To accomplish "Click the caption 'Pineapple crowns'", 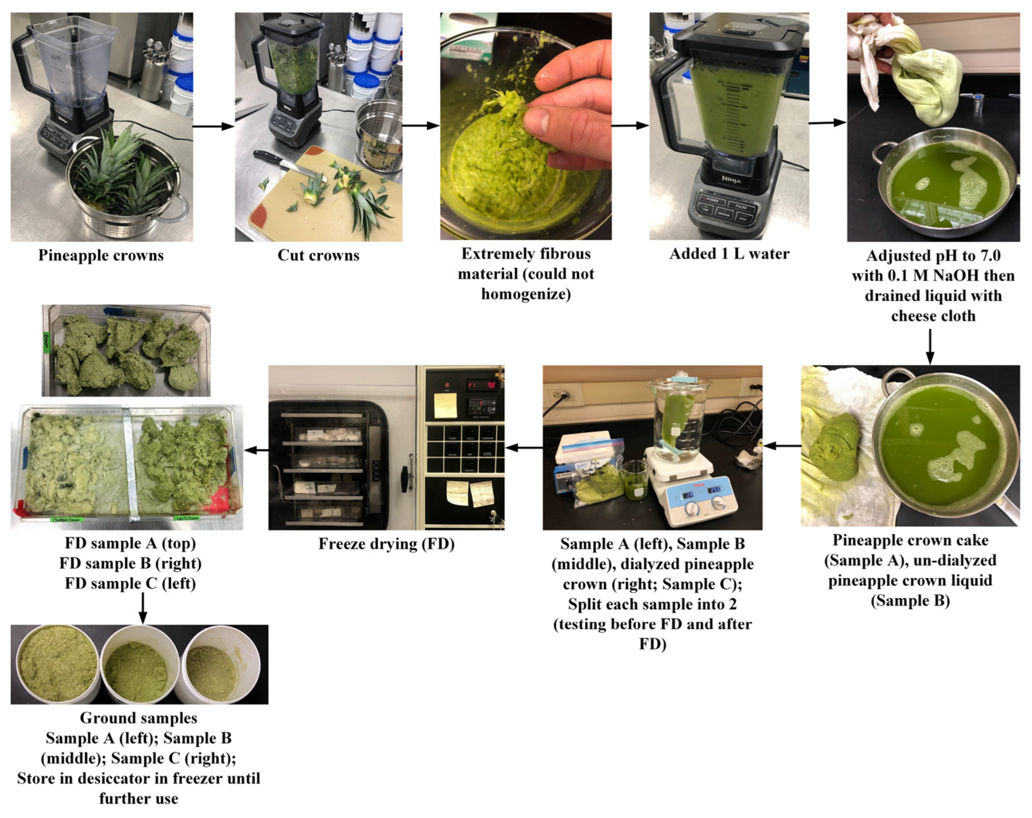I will (x=101, y=255).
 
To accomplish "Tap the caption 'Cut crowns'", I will (x=318, y=255).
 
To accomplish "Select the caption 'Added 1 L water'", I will (x=729, y=254).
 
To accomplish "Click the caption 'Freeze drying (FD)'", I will (x=386, y=544).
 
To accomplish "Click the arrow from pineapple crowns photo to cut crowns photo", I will (x=213, y=126).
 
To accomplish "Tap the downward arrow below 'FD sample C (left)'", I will (x=142, y=608).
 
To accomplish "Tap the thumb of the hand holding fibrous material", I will (x=540, y=122).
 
